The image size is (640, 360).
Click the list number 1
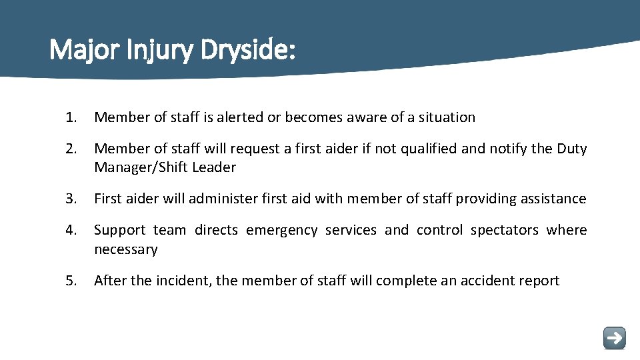pos(71,117)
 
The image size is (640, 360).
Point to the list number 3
pos(71,199)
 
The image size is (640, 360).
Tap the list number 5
pos(71,281)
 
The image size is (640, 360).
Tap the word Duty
pos(571,149)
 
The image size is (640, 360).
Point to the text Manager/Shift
pos(141,167)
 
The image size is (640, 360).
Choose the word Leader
pos(214,167)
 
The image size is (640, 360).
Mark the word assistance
pos(554,199)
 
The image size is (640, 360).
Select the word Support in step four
pos(120,230)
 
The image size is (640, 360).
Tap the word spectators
pos(504,230)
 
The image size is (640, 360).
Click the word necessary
pos(126,249)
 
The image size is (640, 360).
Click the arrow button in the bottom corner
pos(614,337)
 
